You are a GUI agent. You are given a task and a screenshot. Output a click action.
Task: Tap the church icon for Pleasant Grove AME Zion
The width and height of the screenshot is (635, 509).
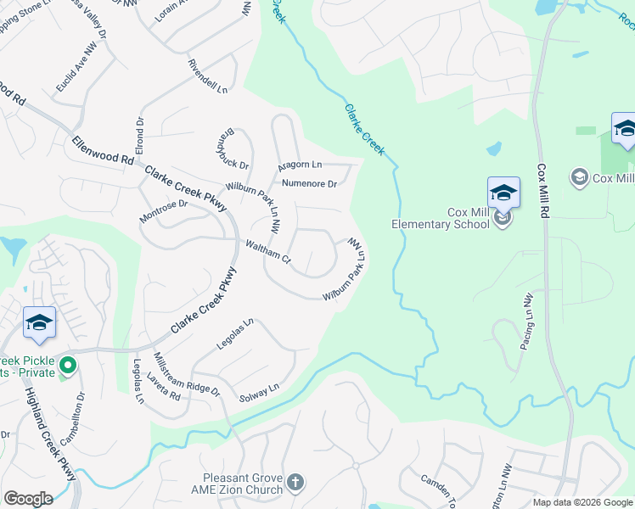tap(295, 483)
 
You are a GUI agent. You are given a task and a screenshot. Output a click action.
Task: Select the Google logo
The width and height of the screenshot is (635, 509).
tap(28, 499)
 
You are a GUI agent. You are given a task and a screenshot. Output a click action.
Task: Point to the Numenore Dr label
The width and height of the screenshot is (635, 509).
tap(309, 183)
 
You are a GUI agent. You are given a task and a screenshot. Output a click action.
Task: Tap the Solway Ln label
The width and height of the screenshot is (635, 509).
tap(259, 393)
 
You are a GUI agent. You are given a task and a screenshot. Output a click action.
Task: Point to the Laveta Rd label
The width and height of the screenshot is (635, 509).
tap(163, 386)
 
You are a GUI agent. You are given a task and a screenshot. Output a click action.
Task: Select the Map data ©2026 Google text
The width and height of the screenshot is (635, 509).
tap(582, 502)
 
